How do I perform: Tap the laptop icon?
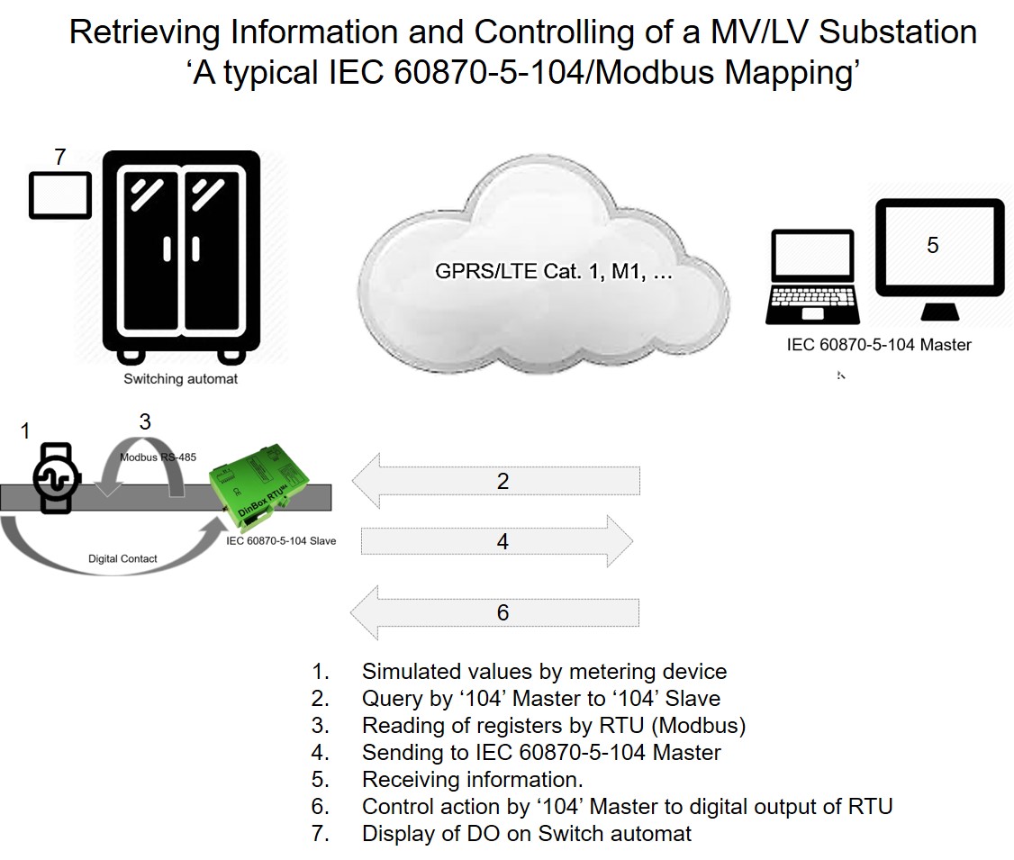pyautogui.click(x=813, y=276)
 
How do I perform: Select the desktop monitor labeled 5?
pyautogui.click(x=939, y=258)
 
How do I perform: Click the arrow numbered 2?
pyautogui.click(x=496, y=481)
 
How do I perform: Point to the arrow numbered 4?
pyautogui.click(x=497, y=541)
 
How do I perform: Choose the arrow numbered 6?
pyautogui.click(x=494, y=612)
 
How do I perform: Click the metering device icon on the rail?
pyautogui.click(x=57, y=478)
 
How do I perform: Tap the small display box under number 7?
pyautogui.click(x=60, y=195)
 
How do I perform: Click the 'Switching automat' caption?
pyautogui.click(x=180, y=379)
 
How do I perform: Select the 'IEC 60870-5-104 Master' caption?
pyautogui.click(x=879, y=345)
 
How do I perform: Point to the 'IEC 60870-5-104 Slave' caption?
pyautogui.click(x=281, y=541)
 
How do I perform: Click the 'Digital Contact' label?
pyautogui.click(x=122, y=558)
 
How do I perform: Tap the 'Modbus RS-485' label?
pyautogui.click(x=158, y=457)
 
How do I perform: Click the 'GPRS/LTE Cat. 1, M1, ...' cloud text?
pyautogui.click(x=554, y=271)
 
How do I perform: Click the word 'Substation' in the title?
pyautogui.click(x=898, y=32)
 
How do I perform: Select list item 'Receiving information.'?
pyautogui.click(x=473, y=779)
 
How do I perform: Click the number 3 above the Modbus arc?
pyautogui.click(x=145, y=422)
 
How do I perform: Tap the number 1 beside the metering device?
pyautogui.click(x=25, y=430)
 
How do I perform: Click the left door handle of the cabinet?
pyautogui.click(x=167, y=249)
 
